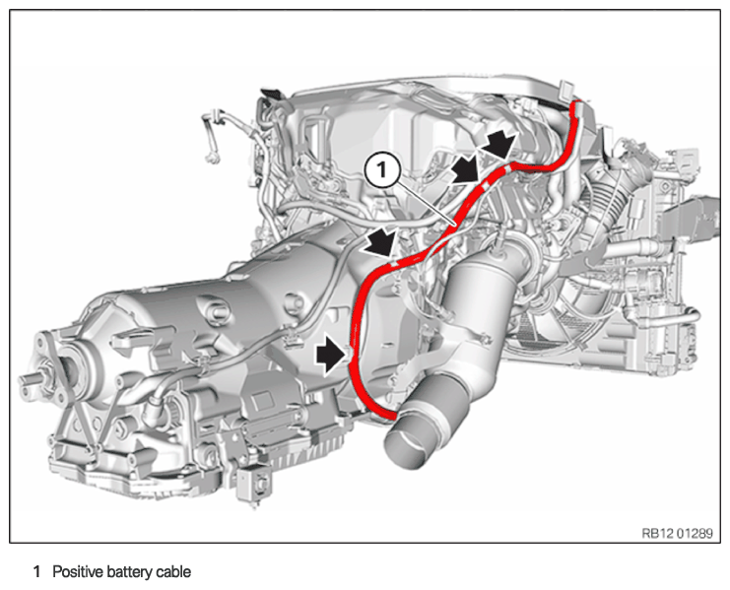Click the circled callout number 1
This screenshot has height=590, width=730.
coord(382,170)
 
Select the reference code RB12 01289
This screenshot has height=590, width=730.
coord(677,533)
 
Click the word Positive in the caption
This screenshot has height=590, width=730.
coord(77,572)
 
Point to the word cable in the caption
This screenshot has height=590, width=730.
coord(173,572)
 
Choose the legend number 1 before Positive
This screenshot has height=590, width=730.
coord(36,572)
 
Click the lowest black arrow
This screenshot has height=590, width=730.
coord(331,356)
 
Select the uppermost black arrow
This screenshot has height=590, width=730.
coord(498,142)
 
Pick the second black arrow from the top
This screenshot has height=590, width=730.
coord(466,169)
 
